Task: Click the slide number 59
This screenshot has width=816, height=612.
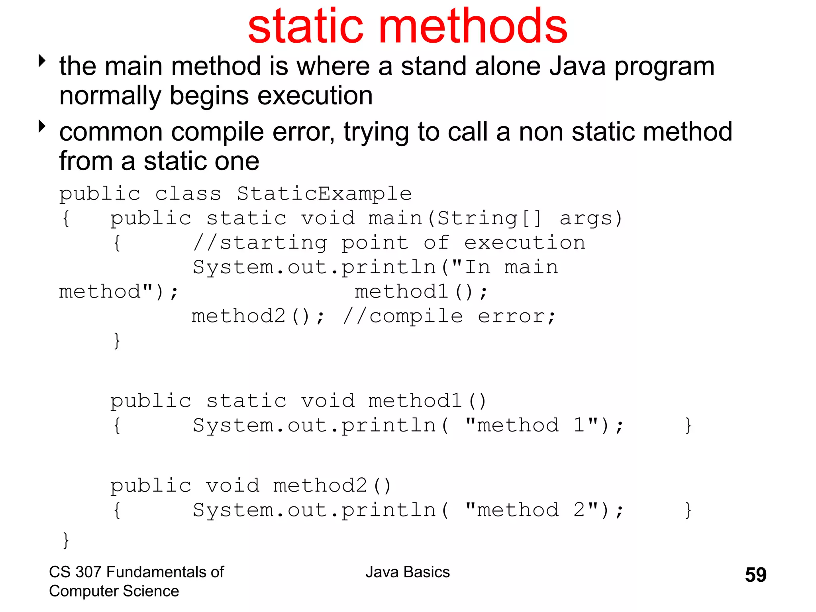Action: [755, 575]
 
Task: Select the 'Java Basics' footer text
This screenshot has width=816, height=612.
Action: [408, 572]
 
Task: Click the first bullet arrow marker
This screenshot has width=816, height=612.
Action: [42, 61]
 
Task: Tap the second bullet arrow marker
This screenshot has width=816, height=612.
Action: [42, 126]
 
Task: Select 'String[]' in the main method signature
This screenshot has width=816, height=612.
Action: [490, 219]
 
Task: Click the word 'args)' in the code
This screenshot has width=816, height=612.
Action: [591, 219]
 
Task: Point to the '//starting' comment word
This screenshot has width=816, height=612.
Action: [260, 243]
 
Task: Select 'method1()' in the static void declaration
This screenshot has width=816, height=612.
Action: [428, 401]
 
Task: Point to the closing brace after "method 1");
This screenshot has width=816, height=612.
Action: [688, 426]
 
